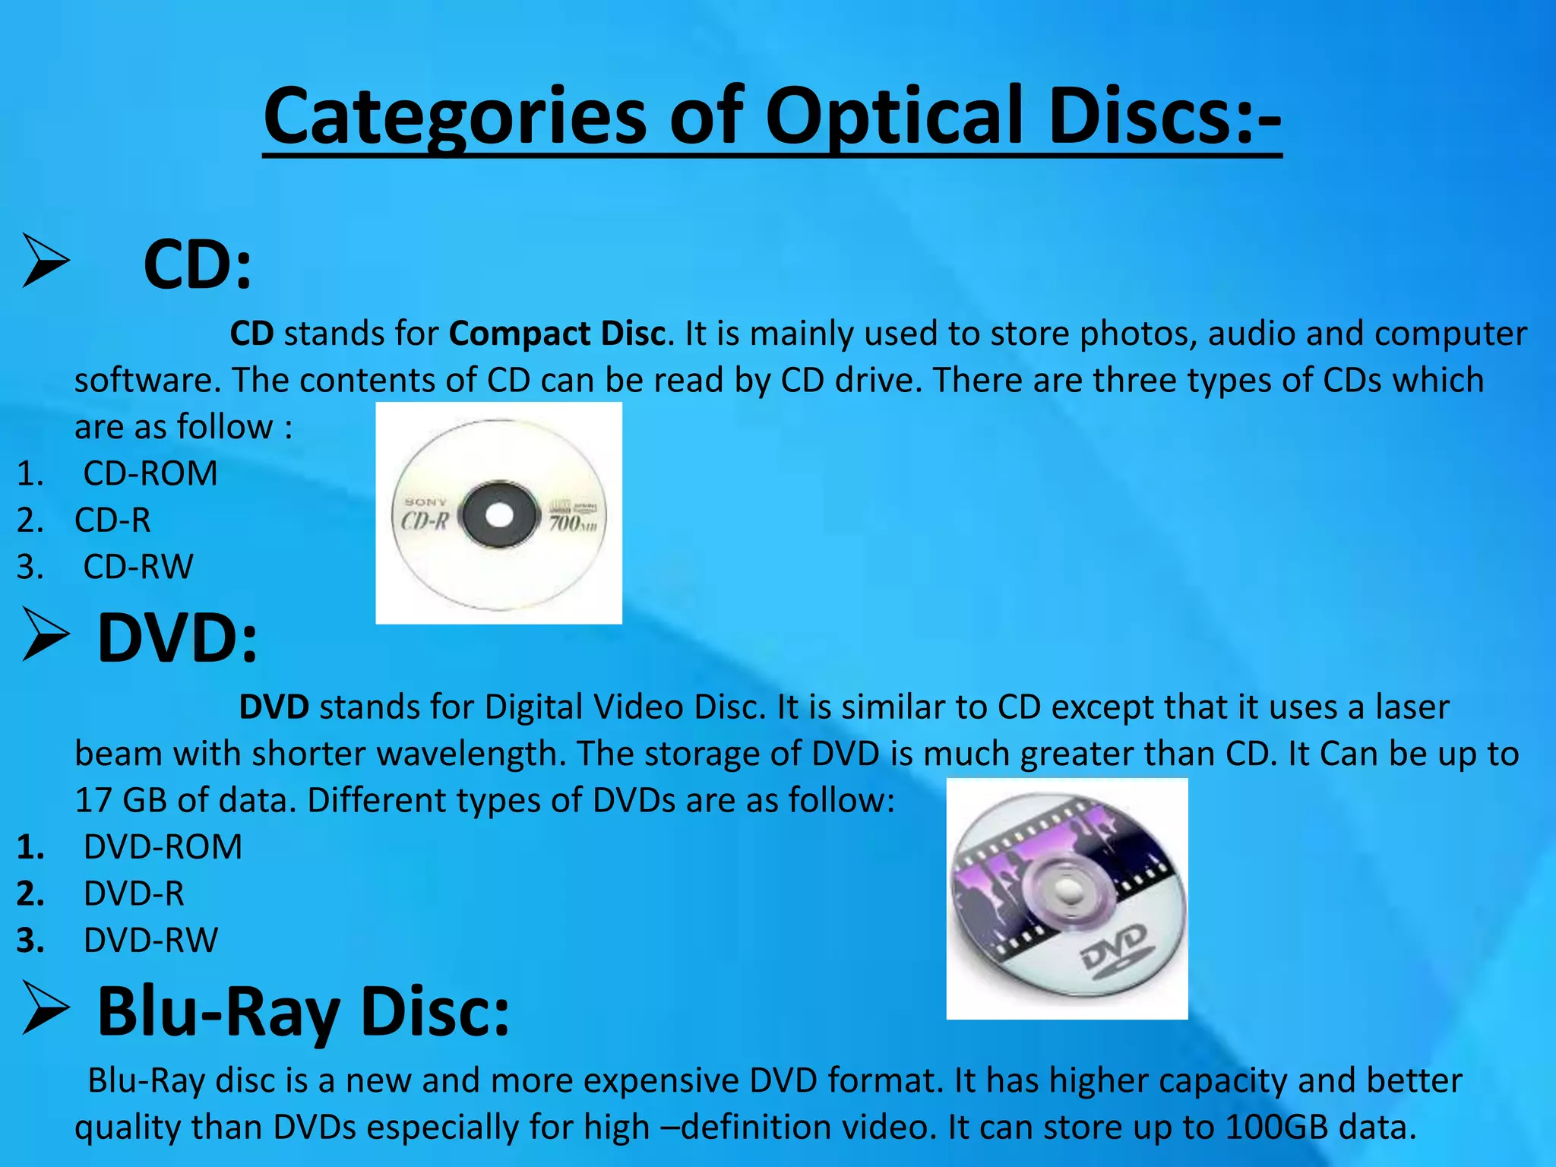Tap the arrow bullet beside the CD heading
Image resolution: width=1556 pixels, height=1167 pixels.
(46, 261)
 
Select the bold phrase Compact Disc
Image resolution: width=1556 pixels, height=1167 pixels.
(558, 334)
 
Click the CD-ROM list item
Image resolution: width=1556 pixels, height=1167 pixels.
(150, 473)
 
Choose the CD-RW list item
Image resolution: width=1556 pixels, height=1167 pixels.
(138, 567)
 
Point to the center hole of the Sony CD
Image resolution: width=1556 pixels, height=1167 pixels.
(498, 515)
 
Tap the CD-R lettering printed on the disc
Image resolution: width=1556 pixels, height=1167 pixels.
(425, 520)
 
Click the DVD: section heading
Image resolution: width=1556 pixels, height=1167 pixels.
(178, 638)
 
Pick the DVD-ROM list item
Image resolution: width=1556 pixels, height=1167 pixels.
(163, 847)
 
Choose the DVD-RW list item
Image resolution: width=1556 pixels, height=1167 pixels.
(150, 941)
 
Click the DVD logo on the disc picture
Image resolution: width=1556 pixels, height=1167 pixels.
(1118, 950)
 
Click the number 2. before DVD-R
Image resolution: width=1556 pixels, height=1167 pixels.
(30, 894)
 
